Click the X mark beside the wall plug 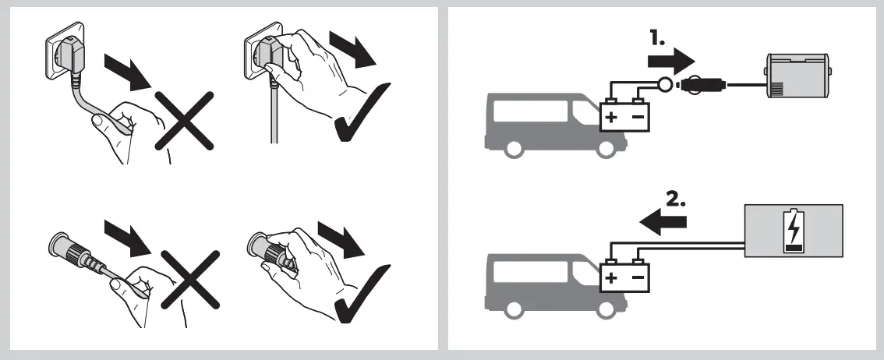click(184, 119)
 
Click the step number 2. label click(674, 199)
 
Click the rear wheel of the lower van click(514, 309)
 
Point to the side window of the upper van click(530, 113)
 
